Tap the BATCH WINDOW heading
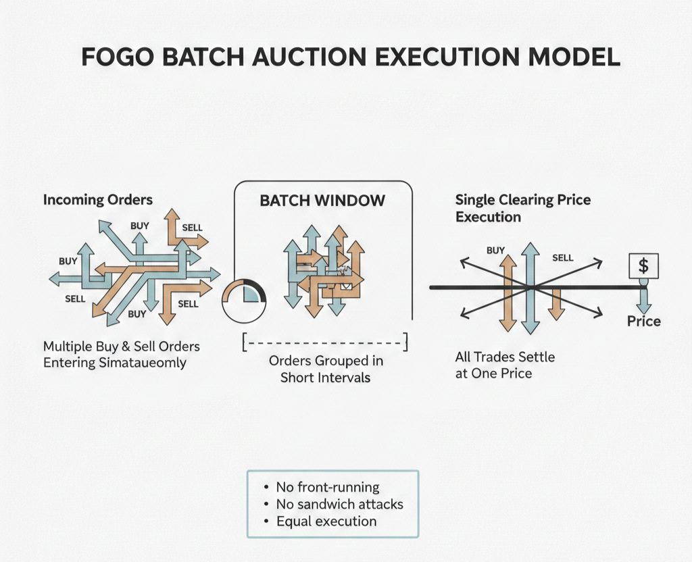[322, 201]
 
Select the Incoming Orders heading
[98, 200]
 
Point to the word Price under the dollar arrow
[643, 321]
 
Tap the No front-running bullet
[328, 487]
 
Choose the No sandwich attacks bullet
[339, 504]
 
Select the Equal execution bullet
[326, 521]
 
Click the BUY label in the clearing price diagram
[495, 251]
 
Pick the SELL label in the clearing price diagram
[562, 257]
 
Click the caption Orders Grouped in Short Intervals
[325, 369]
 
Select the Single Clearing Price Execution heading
[522, 208]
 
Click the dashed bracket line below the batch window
[325, 342]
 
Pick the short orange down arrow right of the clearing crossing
[556, 304]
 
